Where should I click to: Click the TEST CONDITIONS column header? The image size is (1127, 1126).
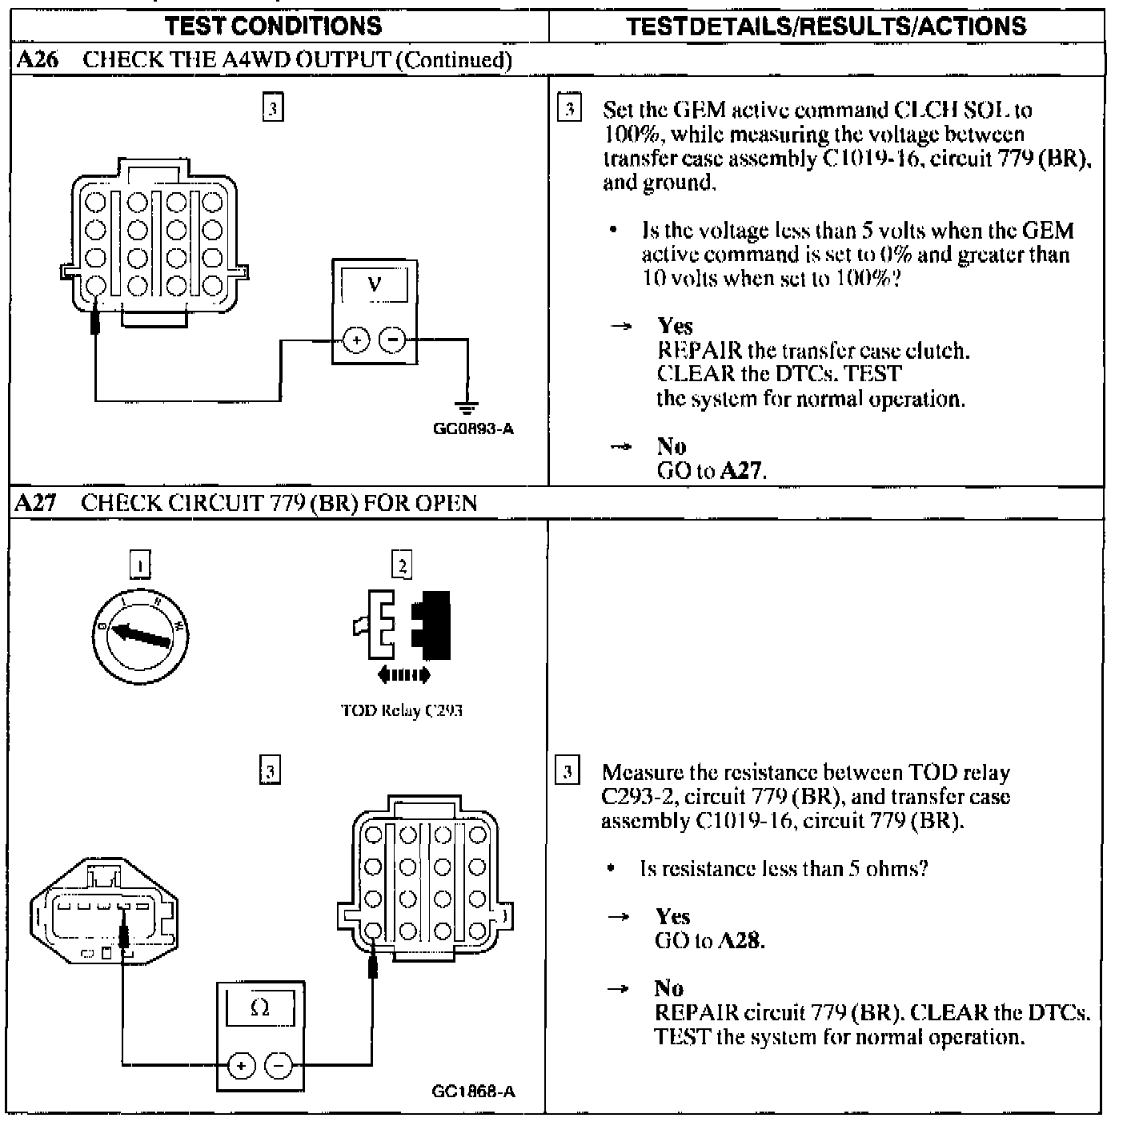pos(274,26)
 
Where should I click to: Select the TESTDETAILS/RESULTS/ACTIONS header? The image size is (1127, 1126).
pos(826,26)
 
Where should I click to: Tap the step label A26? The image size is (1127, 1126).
pos(37,60)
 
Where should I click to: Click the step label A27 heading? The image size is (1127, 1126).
pos(36,503)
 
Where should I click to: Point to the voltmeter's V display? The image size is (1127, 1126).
pos(374,284)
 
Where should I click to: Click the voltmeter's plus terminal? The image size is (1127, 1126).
pos(356,340)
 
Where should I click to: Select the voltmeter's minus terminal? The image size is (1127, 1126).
pos(392,340)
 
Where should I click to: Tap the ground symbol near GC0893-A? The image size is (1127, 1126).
pos(467,407)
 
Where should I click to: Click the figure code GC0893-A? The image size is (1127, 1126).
pos(473,429)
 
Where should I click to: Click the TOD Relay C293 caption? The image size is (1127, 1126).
pos(401,710)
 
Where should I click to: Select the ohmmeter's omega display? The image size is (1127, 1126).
pos(260,1008)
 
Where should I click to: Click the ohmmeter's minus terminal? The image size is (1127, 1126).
pos(279,1065)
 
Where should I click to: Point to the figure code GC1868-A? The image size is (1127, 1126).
pos(473,1092)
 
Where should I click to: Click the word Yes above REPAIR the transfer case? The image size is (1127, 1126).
pos(675,326)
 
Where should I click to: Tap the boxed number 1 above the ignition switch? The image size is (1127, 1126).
pos(140,565)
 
